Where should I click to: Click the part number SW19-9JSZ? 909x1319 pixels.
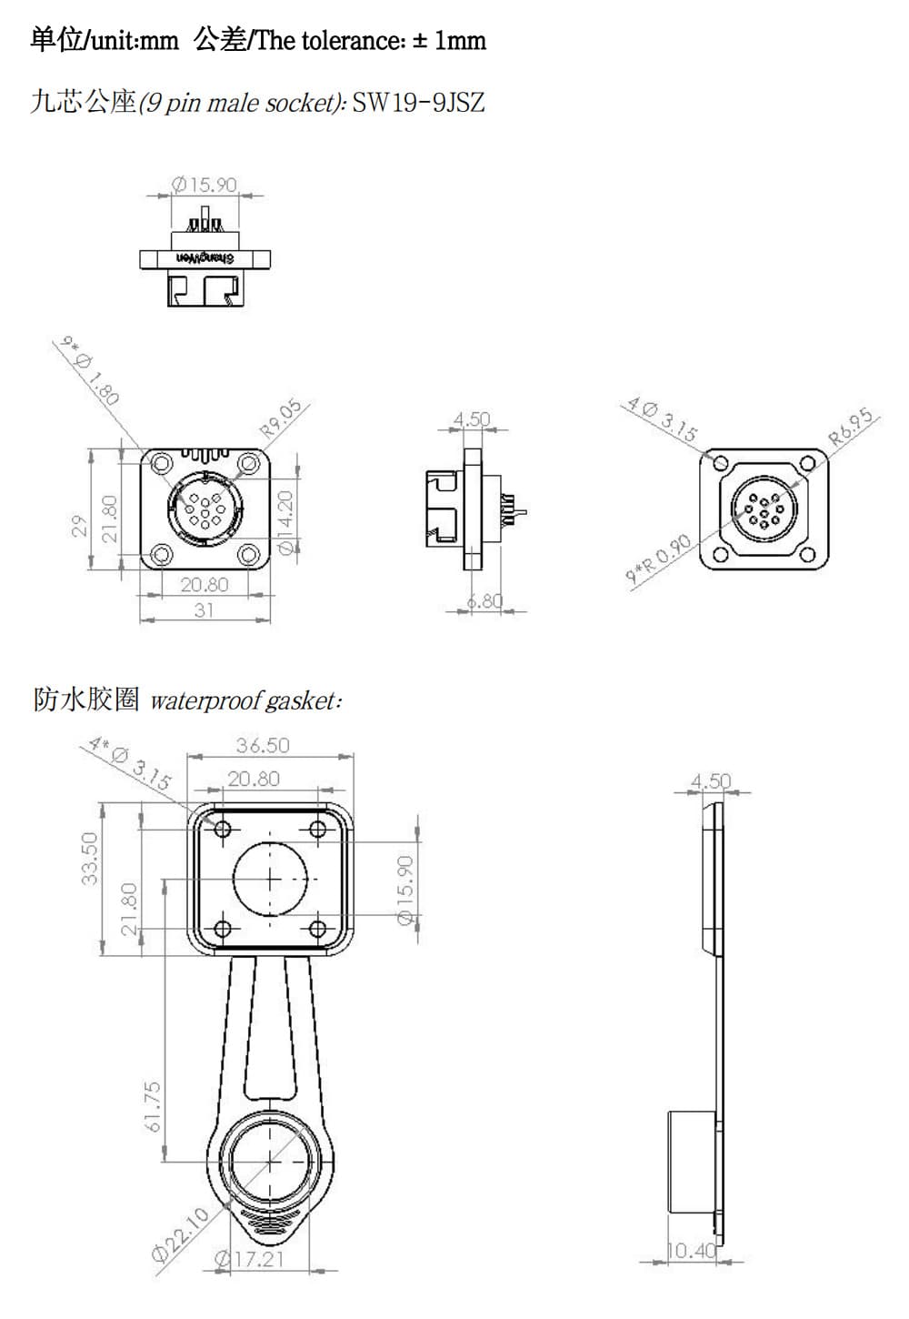(x=418, y=102)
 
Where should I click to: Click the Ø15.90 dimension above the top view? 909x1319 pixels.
(x=205, y=185)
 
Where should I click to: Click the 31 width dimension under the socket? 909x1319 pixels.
(x=204, y=609)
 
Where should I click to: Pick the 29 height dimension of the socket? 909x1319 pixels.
(x=80, y=527)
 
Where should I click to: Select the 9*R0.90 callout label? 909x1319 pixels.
(x=659, y=560)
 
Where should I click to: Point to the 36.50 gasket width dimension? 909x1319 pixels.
(x=263, y=745)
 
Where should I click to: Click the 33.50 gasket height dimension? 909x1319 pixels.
(x=89, y=859)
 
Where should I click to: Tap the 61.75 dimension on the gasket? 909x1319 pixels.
(x=153, y=1106)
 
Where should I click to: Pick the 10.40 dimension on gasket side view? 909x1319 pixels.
(x=692, y=1251)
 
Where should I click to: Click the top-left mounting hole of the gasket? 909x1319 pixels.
(x=223, y=829)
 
